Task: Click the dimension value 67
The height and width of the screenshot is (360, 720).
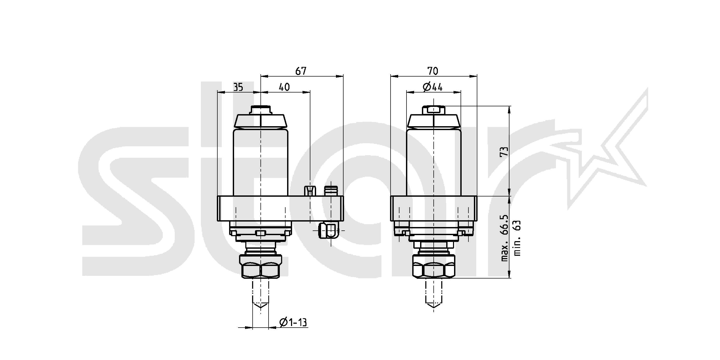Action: pyautogui.click(x=301, y=71)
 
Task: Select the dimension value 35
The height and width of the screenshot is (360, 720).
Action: pyautogui.click(x=238, y=88)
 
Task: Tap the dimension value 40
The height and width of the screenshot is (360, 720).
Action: pyautogui.click(x=284, y=87)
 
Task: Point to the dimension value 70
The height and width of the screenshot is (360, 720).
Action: pyautogui.click(x=433, y=71)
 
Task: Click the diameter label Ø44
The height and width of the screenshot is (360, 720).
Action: pyautogui.click(x=433, y=87)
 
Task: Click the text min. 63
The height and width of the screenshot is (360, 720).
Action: pyautogui.click(x=517, y=238)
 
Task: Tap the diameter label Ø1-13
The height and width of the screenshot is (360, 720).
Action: pyautogui.click(x=293, y=322)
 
